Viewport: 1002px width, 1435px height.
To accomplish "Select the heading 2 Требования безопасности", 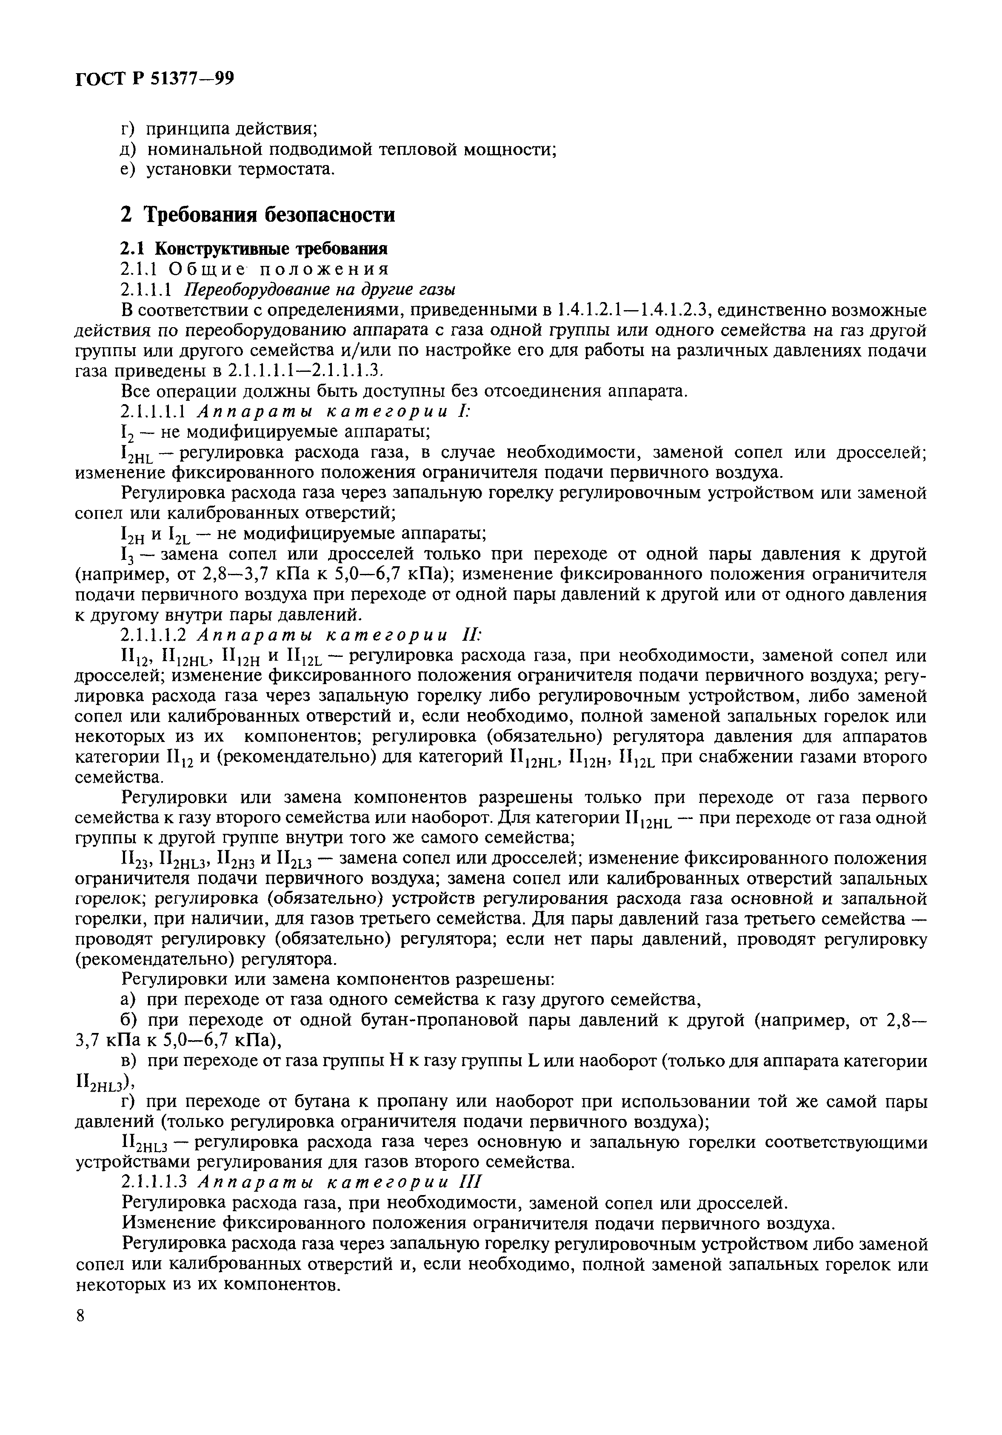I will pos(257,215).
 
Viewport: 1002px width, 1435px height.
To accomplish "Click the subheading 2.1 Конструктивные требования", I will pos(254,249).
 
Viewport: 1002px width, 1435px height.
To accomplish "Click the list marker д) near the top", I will pos(128,149).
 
